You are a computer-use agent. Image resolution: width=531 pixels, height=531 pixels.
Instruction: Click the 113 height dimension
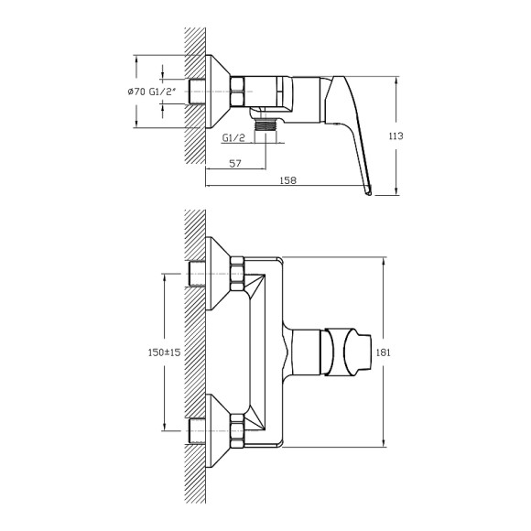[396, 135]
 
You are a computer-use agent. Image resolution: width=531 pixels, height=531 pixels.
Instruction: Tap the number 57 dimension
[236, 164]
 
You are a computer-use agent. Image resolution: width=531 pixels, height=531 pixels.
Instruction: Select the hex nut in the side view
[236, 92]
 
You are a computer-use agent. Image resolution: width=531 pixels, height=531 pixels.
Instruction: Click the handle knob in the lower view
[344, 352]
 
